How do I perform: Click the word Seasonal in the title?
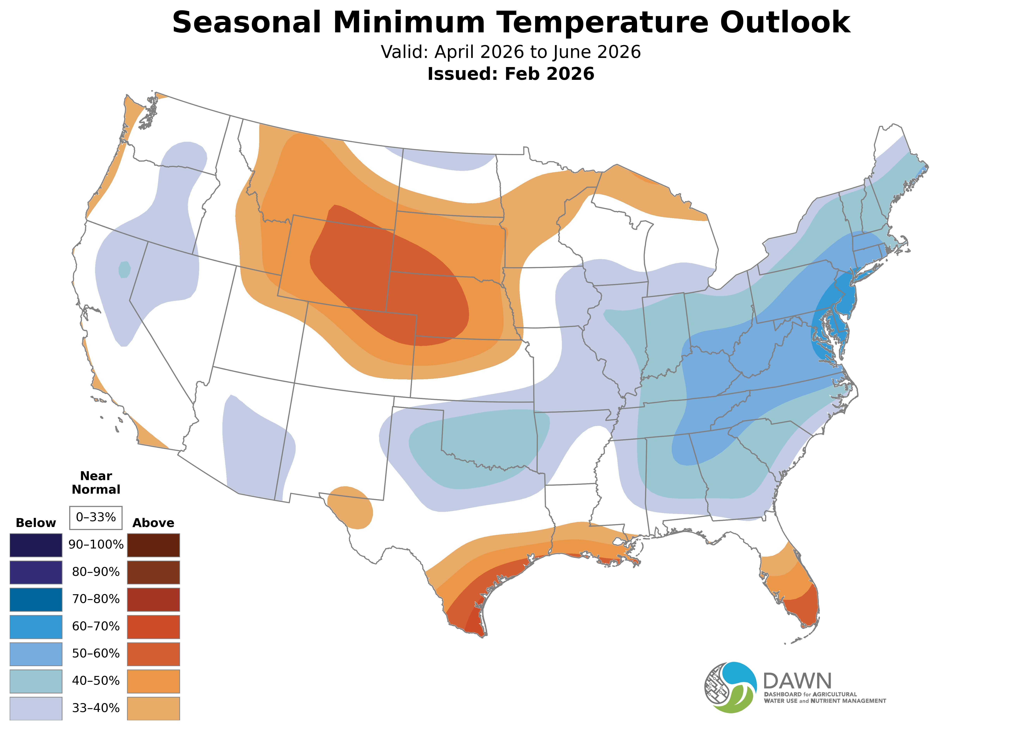[246, 22]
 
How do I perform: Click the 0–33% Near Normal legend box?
[96, 517]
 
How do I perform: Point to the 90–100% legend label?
[96, 545]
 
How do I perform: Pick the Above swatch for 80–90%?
[153, 572]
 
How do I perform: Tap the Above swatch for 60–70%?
[153, 627]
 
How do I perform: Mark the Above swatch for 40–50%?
[153, 681]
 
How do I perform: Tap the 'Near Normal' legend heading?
[96, 483]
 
